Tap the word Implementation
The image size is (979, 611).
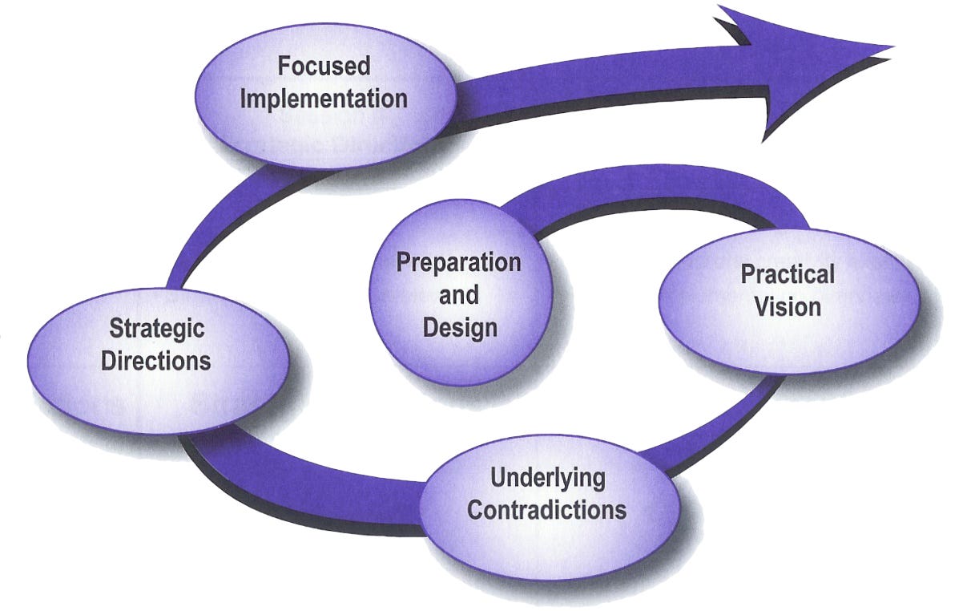click(324, 99)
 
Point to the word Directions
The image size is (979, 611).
click(156, 360)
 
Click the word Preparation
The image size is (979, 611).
click(458, 262)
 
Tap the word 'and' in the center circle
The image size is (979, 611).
click(459, 295)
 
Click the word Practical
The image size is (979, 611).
click(788, 274)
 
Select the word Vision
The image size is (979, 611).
click(788, 306)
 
